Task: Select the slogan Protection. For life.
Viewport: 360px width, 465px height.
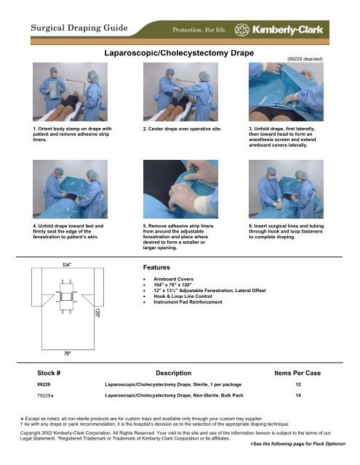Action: (x=205, y=31)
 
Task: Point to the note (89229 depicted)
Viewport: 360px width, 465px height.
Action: (x=301, y=55)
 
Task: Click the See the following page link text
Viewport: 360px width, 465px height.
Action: (x=294, y=442)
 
